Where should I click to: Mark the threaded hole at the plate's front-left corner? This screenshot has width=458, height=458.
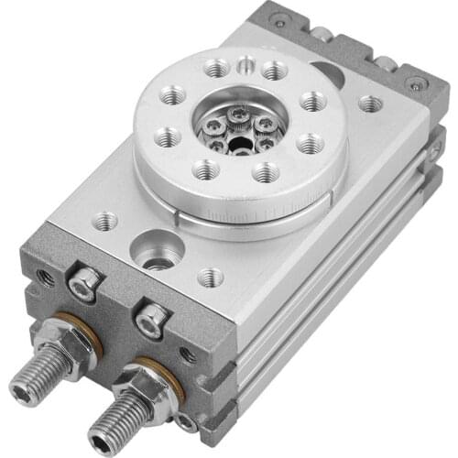(x=105, y=220)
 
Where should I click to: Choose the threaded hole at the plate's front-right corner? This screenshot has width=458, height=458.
(x=210, y=276)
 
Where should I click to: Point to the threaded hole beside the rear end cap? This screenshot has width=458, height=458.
(x=370, y=104)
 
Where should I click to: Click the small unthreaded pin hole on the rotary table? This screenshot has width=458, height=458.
(x=246, y=65)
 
